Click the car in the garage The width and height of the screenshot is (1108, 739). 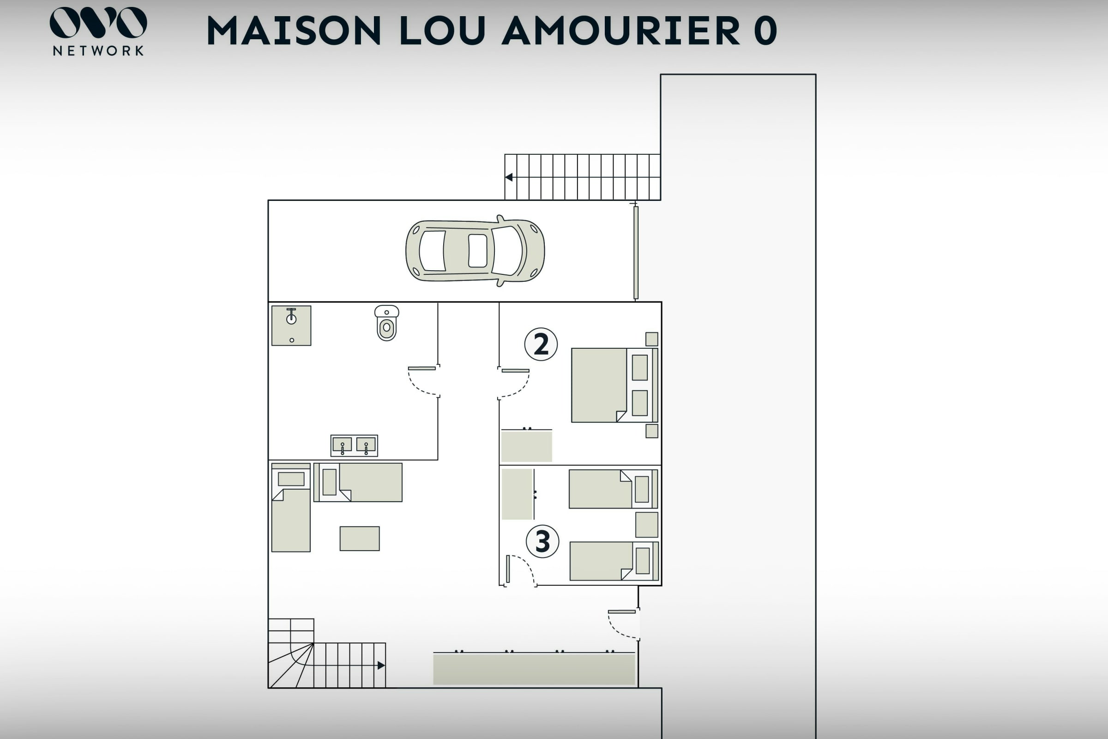tap(475, 251)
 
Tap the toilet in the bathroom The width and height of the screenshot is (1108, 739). tap(387, 323)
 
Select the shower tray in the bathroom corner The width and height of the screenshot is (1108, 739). tap(291, 326)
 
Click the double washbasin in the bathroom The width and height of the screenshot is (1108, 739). tap(354, 445)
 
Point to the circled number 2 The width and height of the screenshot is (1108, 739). tap(541, 344)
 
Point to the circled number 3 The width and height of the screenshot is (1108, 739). tap(542, 541)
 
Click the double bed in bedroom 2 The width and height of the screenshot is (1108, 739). tap(614, 385)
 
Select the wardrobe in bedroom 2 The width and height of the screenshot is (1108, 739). tap(526, 445)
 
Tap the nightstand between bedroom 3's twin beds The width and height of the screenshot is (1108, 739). tap(646, 525)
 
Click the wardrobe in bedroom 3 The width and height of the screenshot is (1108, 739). tap(518, 494)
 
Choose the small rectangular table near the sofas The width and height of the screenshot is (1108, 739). tap(360, 538)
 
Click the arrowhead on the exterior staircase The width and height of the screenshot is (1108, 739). tap(509, 177)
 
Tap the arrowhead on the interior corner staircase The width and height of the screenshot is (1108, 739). tap(381, 666)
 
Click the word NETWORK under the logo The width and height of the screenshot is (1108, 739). tap(98, 51)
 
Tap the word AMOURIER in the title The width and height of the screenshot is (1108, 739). tap(621, 30)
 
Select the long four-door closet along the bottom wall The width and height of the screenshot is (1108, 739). tap(534, 668)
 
